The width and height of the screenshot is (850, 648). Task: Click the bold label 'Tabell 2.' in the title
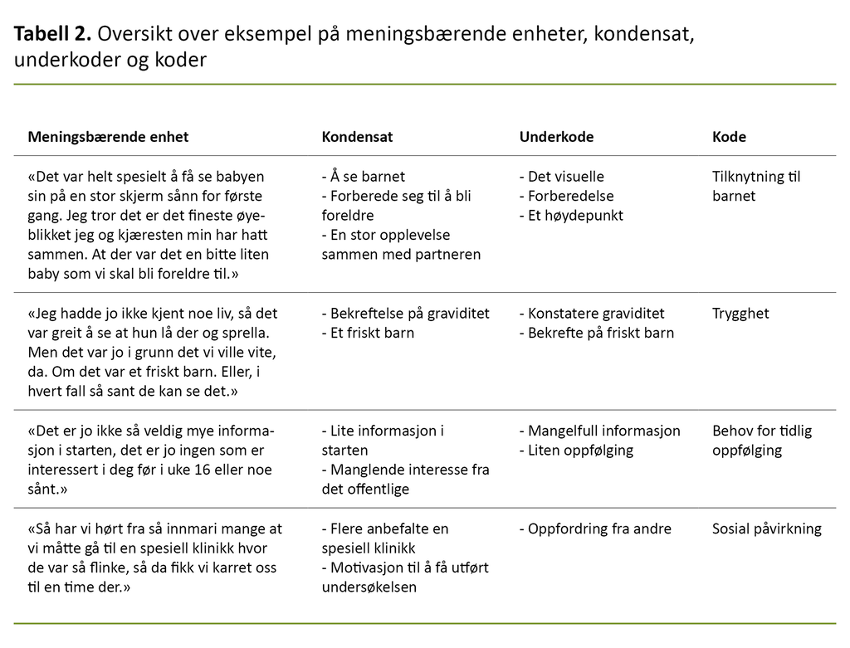(51, 35)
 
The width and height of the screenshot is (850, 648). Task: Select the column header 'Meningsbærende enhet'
(109, 137)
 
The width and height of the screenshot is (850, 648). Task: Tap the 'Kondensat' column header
(357, 137)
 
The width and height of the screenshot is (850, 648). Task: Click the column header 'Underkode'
(556, 137)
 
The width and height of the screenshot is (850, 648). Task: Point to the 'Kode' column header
(729, 137)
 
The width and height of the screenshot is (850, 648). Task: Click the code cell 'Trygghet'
(740, 314)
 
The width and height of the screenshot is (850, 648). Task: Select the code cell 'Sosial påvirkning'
(767, 529)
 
